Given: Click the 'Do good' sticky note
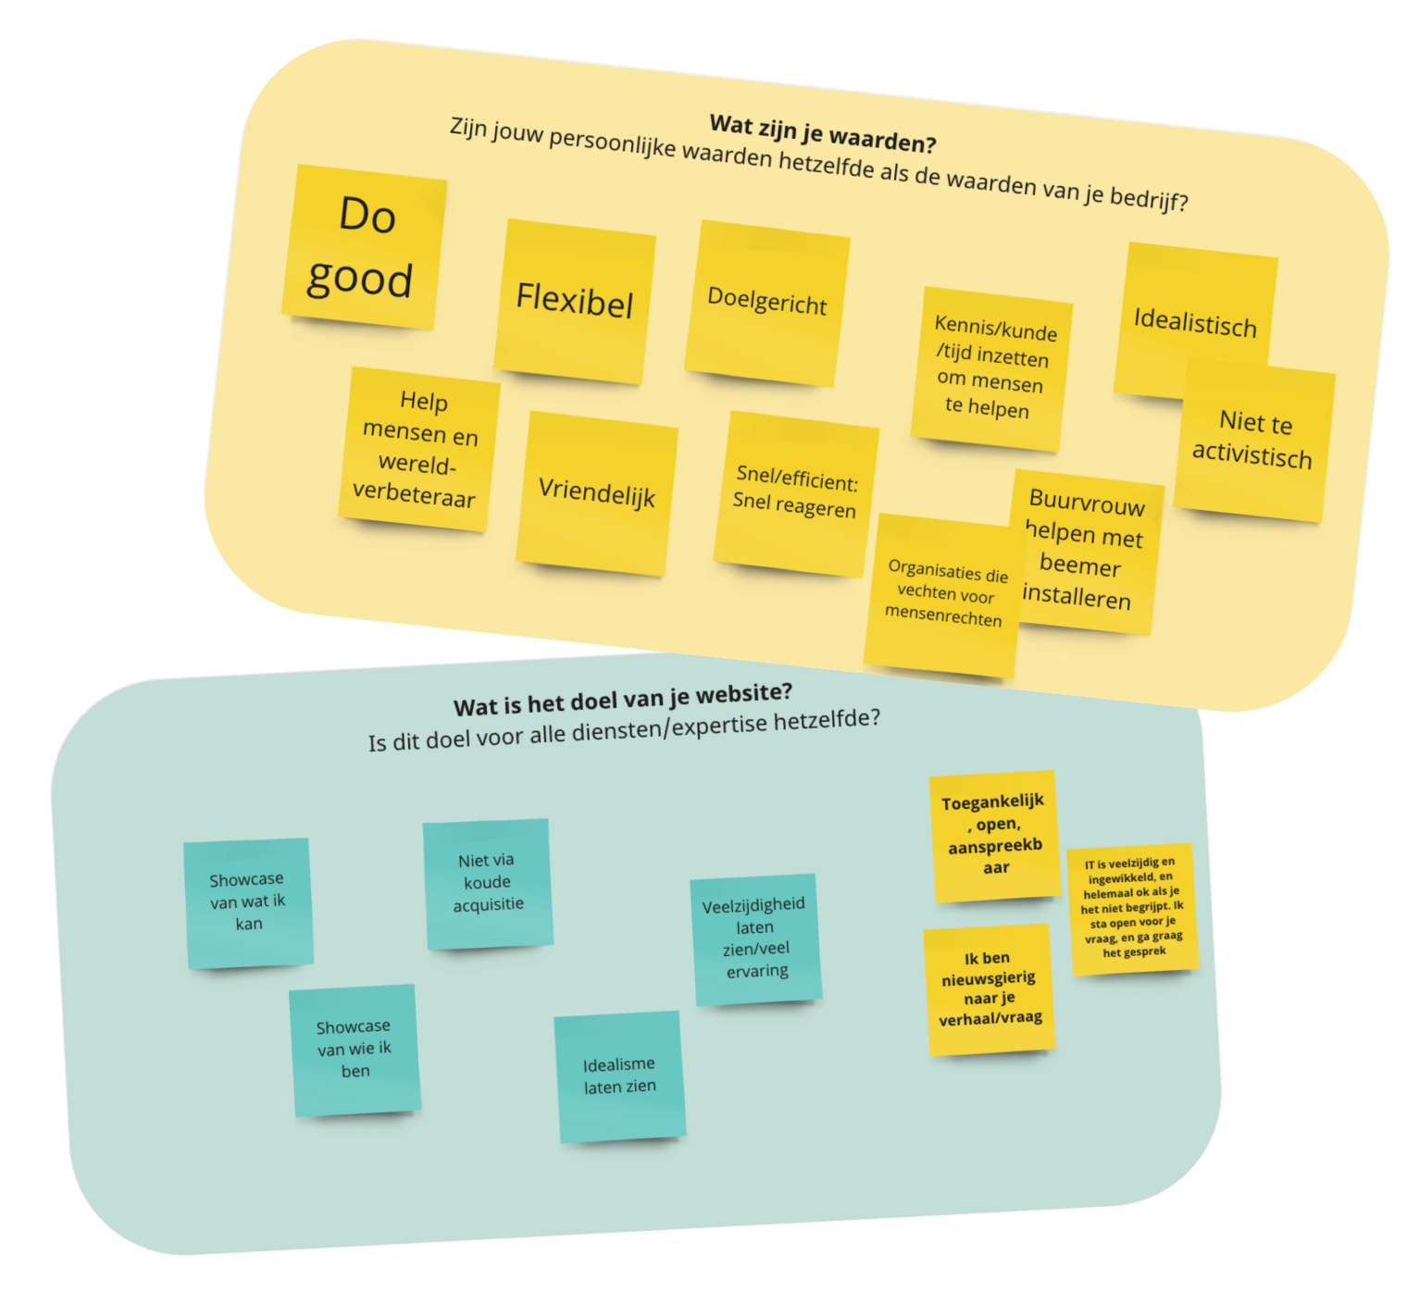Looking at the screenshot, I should tap(364, 247).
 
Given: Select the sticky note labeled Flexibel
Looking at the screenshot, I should tap(575, 301).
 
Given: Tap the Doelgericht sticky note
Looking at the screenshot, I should tap(767, 302).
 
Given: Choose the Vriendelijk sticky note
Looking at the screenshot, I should tap(597, 492).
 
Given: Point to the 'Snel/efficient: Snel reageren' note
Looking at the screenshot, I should tap(796, 492).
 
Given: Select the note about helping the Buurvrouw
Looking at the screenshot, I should tap(1084, 552).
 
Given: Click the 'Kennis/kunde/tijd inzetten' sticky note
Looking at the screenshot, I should tap(993, 368).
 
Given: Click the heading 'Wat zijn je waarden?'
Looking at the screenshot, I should tap(823, 133).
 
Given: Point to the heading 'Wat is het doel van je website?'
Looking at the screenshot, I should tap(623, 700).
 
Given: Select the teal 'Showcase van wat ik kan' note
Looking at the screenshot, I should tap(248, 902).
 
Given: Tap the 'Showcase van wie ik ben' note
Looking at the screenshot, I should tap(355, 1050).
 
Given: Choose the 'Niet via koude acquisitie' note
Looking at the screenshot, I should tap(488, 883).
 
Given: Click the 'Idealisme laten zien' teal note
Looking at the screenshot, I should tap(620, 1076).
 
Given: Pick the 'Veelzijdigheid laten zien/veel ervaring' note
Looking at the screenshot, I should tap(755, 939).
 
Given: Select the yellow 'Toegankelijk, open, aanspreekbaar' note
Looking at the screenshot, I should tap(994, 835).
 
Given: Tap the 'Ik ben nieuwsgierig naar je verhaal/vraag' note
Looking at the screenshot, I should tap(990, 988).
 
